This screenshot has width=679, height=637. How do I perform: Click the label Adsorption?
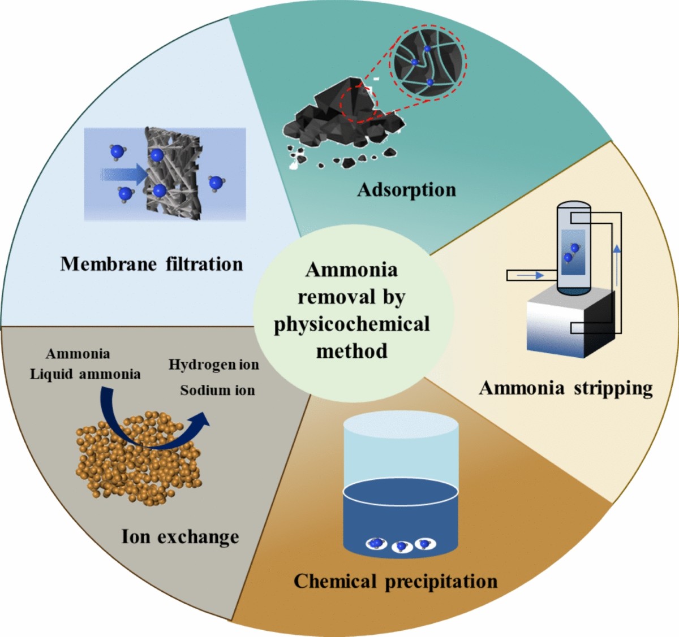406,190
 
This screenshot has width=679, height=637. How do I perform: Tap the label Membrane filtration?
152,264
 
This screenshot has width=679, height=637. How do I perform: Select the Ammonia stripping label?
566,388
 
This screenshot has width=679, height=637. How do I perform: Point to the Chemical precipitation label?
396,581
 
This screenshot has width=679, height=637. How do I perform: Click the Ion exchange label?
180,536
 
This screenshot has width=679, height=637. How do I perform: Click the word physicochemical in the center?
352,324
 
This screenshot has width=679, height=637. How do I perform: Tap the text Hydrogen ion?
214,365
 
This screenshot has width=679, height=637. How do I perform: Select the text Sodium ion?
217,390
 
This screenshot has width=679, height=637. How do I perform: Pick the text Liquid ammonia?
85,374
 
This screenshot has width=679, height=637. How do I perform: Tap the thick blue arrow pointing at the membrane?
122,173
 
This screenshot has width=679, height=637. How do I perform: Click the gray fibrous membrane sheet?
173,172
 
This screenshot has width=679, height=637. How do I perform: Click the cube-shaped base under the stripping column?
569,325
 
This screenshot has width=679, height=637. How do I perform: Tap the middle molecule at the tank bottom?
401,547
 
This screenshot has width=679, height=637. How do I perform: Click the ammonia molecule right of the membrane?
215,182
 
